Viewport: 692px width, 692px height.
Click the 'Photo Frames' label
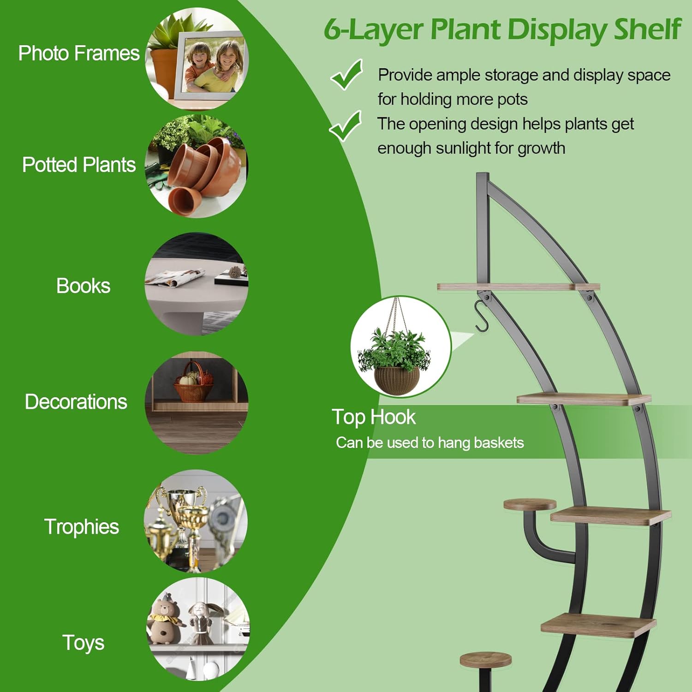click(x=79, y=54)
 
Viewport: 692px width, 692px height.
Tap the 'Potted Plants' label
click(x=79, y=165)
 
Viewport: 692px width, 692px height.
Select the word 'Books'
click(x=84, y=286)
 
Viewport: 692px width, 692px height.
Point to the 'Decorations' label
click(x=76, y=402)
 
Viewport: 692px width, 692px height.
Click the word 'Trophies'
click(x=82, y=527)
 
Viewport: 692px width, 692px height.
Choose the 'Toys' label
click(x=84, y=643)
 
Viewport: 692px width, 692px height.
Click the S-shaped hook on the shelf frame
click(x=482, y=316)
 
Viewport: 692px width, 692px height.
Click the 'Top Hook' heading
click(x=374, y=417)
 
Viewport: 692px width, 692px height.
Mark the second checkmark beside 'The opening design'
click(x=345, y=126)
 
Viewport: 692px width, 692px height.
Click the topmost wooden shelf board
click(x=519, y=286)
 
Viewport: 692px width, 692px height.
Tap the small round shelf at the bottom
click(x=486, y=659)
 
